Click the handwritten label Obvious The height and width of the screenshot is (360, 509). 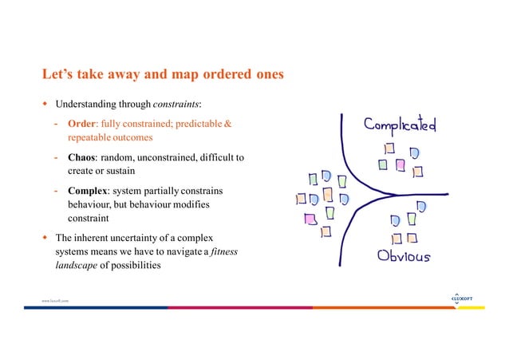pyautogui.click(x=403, y=257)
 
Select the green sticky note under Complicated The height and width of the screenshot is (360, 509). pyautogui.click(x=384, y=164)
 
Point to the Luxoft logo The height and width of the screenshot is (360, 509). pyautogui.click(x=461, y=299)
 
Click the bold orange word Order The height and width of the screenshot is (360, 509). pyautogui.click(x=81, y=125)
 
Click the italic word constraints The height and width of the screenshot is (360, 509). pyautogui.click(x=176, y=105)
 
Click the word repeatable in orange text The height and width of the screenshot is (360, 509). pyautogui.click(x=93, y=137)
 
